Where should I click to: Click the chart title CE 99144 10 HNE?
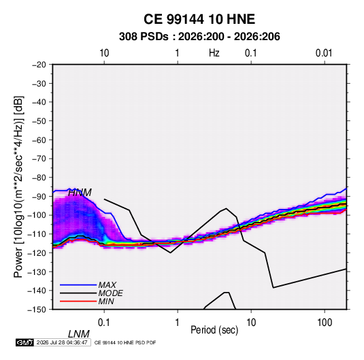click(x=199, y=19)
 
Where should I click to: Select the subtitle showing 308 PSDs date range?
click(x=199, y=37)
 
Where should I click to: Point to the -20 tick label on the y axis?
click(x=39, y=65)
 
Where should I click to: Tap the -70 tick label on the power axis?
click(x=39, y=159)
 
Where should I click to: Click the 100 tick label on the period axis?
click(x=325, y=323)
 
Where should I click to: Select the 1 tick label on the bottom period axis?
click(x=177, y=323)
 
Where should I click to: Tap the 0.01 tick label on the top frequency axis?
click(x=324, y=53)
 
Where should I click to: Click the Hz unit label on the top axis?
click(x=214, y=53)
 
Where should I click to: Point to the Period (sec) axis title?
click(x=214, y=330)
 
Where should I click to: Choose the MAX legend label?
click(x=107, y=284)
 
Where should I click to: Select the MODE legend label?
click(x=110, y=293)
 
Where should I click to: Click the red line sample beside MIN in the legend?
click(x=78, y=301)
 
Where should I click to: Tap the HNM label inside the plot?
click(x=80, y=193)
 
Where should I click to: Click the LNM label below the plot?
click(x=79, y=334)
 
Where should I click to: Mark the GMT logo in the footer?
click(x=24, y=342)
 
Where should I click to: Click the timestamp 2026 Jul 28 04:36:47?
click(x=62, y=342)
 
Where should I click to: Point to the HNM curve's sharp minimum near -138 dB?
click(x=274, y=288)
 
